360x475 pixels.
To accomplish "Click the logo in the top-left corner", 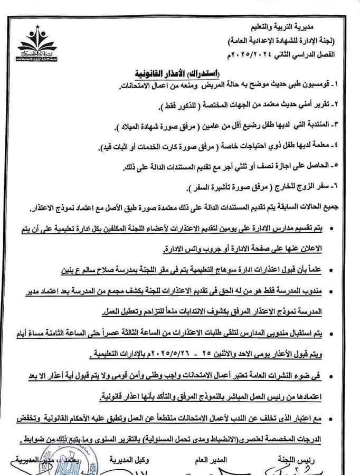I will [37, 45].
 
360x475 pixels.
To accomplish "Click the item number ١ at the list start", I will [343, 85].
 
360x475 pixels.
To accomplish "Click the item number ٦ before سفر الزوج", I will [343, 188].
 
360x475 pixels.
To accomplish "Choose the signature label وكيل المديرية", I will [130, 460].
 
